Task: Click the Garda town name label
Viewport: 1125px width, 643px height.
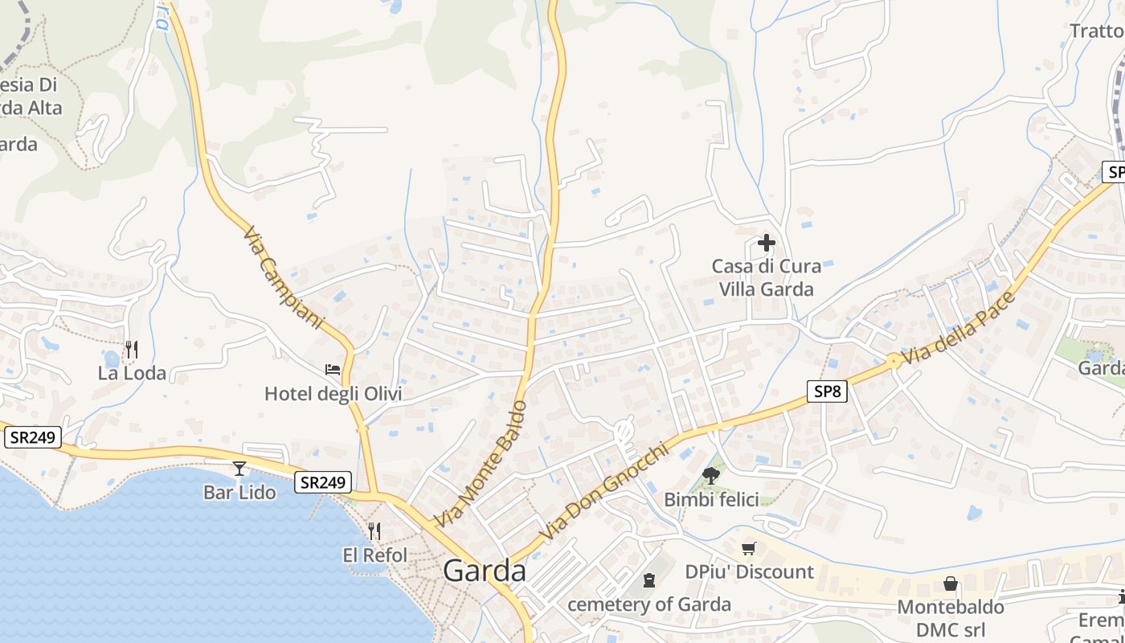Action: coord(485,571)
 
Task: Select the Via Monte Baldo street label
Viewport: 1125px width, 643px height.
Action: coord(481,464)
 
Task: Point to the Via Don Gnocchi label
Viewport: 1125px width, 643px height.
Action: coord(603,492)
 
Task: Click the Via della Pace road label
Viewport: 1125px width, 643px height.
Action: coord(959,330)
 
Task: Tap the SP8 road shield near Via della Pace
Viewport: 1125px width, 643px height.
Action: coord(827,391)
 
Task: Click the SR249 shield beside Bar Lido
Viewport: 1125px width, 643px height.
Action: coord(323,482)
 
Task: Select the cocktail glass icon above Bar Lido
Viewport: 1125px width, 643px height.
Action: coord(239,469)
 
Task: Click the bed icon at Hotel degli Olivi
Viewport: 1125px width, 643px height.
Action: coord(333,370)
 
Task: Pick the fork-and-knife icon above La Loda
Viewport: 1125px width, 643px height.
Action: coord(132,350)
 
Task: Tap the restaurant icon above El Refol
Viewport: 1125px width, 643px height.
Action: coord(374,531)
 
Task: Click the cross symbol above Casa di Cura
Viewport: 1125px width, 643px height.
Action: coord(767,242)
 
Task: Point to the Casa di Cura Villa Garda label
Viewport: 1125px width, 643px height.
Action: coord(767,277)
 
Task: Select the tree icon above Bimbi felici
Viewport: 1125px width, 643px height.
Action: coord(710,475)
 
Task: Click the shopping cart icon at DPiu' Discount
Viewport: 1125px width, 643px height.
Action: coord(749,548)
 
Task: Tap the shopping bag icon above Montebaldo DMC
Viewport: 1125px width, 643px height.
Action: coord(951,584)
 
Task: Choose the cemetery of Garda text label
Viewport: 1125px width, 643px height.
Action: coord(649,604)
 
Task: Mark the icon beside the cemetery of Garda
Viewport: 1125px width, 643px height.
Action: coord(649,580)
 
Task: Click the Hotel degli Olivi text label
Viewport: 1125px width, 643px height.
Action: coord(333,394)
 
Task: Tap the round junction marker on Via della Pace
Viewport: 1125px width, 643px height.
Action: coord(893,362)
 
